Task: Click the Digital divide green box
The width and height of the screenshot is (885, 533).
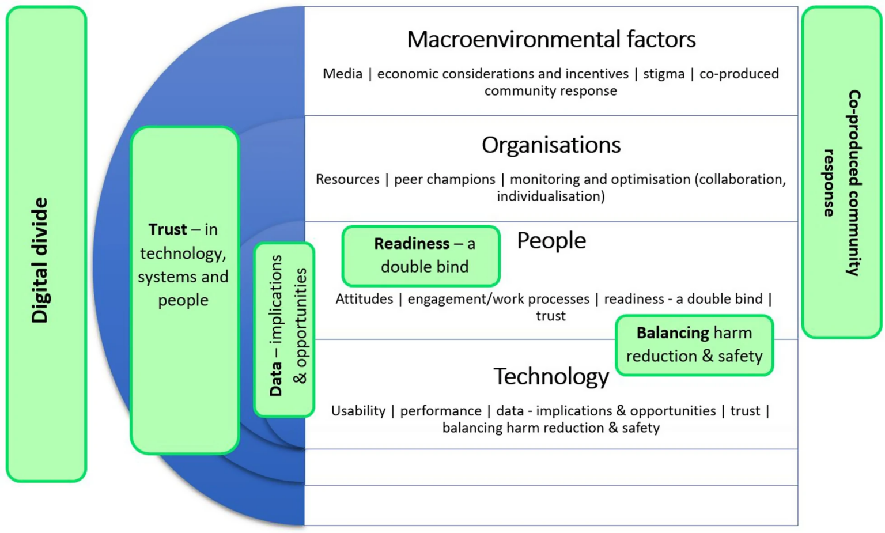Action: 46,244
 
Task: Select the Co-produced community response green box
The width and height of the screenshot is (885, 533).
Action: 841,172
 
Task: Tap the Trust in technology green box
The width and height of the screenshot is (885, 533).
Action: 184,290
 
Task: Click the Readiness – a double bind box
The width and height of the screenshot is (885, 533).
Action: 421,256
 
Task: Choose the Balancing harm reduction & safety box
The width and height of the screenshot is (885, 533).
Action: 694,345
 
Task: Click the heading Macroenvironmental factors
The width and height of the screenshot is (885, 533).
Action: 551,39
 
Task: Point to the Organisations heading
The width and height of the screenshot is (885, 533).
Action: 551,145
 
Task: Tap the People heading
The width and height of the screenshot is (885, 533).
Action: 551,240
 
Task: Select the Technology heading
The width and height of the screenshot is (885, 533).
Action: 551,376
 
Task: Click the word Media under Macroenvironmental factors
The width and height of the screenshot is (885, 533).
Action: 342,74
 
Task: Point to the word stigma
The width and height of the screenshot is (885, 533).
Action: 664,74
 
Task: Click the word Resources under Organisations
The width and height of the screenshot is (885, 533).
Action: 347,179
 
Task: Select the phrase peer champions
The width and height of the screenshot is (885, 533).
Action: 444,179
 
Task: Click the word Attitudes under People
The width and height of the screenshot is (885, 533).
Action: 364,298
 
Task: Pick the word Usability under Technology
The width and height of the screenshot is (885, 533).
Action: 358,410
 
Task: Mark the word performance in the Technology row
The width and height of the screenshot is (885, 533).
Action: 441,410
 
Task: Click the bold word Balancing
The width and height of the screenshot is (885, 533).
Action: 672,332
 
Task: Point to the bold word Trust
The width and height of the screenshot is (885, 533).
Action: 167,229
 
